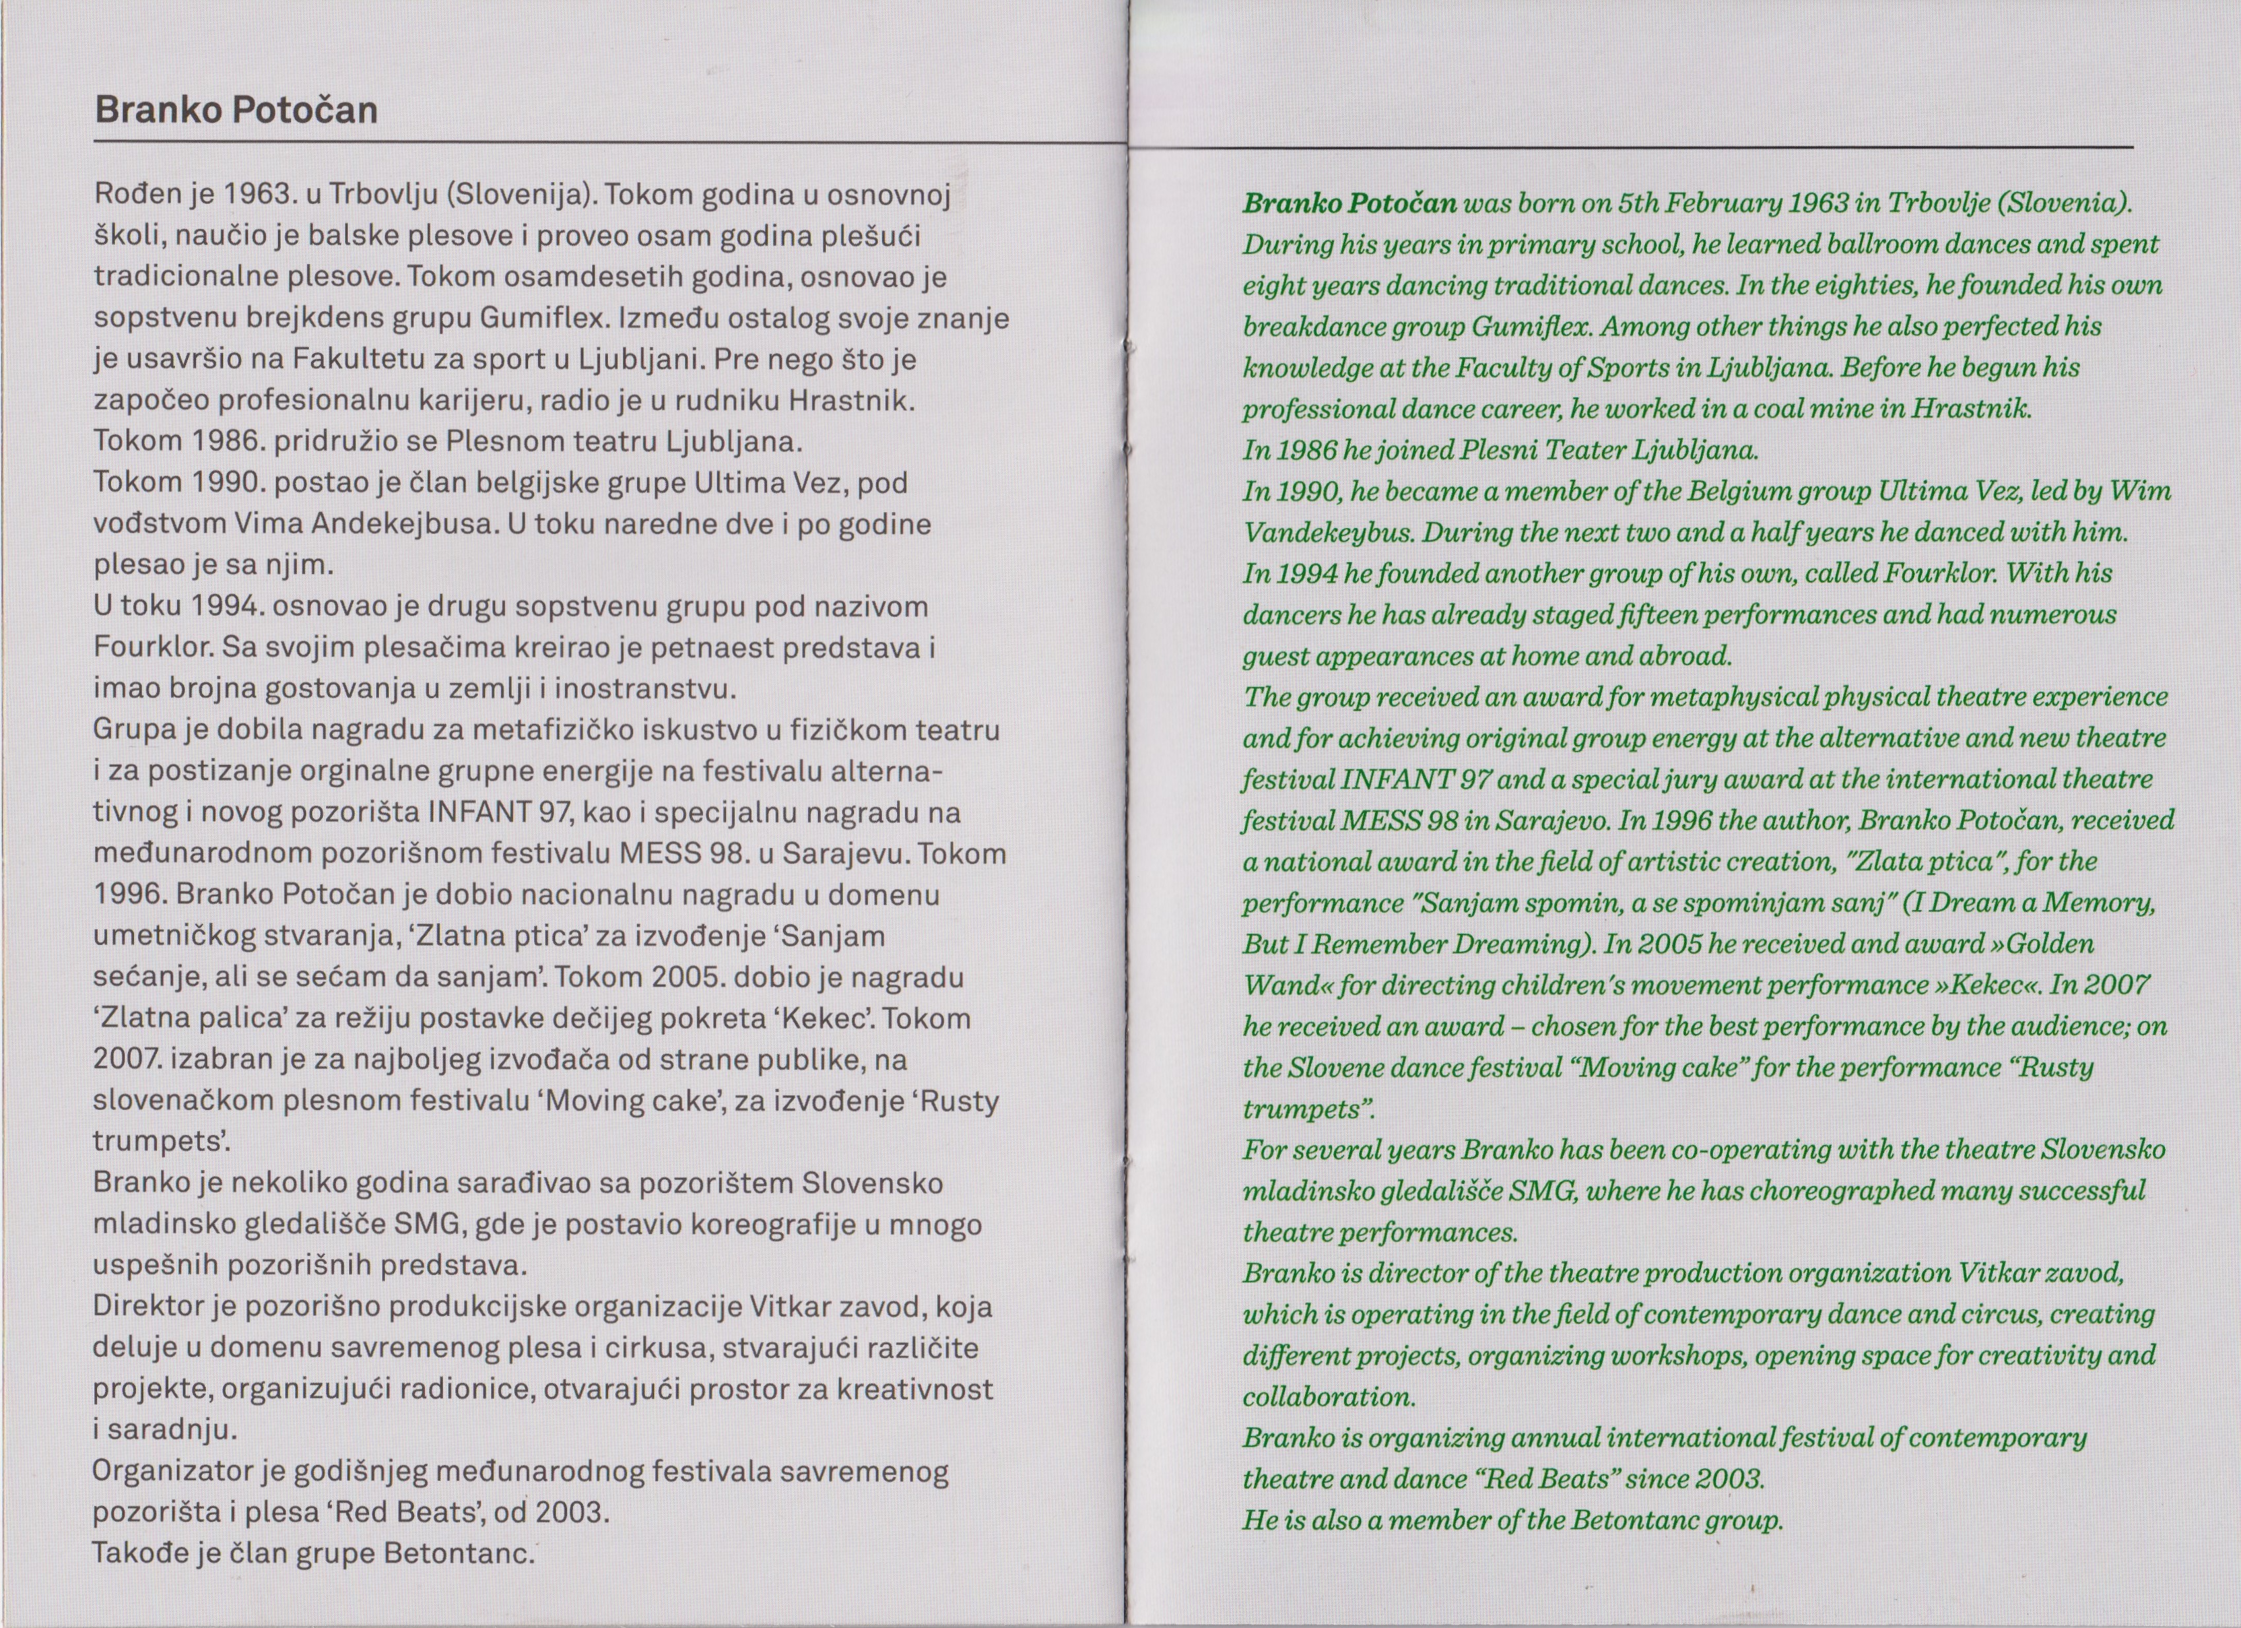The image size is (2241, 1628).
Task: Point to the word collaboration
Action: click(x=1329, y=1397)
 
